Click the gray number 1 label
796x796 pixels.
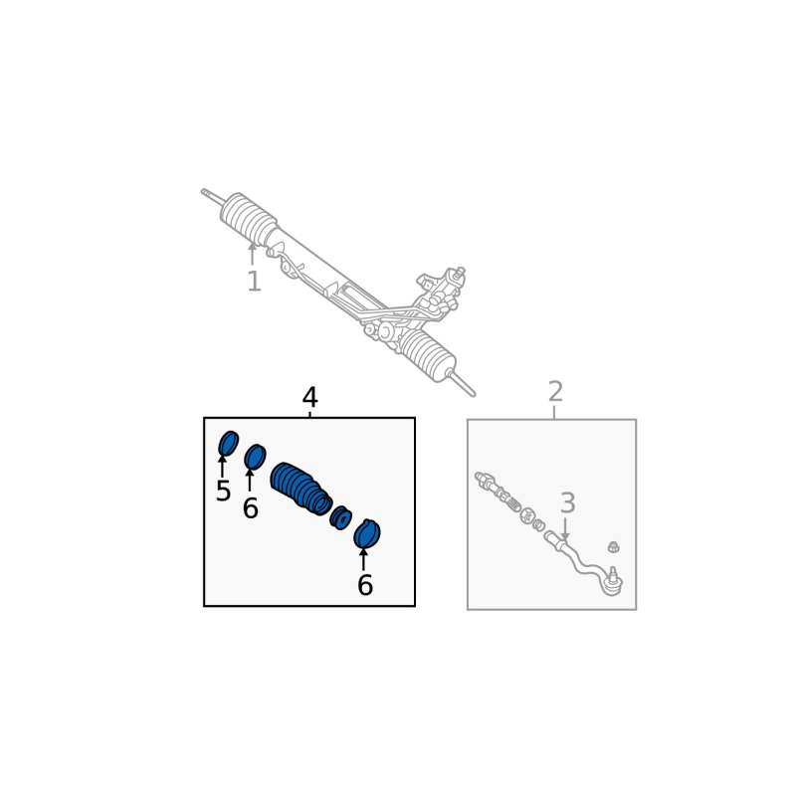(x=254, y=282)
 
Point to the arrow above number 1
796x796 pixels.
(x=253, y=254)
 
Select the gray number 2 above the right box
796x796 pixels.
(x=556, y=391)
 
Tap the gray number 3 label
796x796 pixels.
(x=567, y=502)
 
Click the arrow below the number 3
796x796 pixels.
(x=564, y=529)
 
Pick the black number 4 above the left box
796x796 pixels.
(x=309, y=397)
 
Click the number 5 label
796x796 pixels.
(x=223, y=491)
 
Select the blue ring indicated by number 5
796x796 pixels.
(x=228, y=444)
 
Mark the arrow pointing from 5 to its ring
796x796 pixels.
(x=222, y=467)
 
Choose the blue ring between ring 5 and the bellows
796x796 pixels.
(x=255, y=457)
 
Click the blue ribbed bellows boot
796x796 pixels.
(x=301, y=489)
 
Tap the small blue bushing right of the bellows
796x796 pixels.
(x=340, y=517)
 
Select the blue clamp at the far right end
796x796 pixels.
(x=366, y=533)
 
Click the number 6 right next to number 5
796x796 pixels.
(x=251, y=507)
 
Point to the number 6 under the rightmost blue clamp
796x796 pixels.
(x=365, y=585)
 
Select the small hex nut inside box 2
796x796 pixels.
(x=614, y=546)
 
